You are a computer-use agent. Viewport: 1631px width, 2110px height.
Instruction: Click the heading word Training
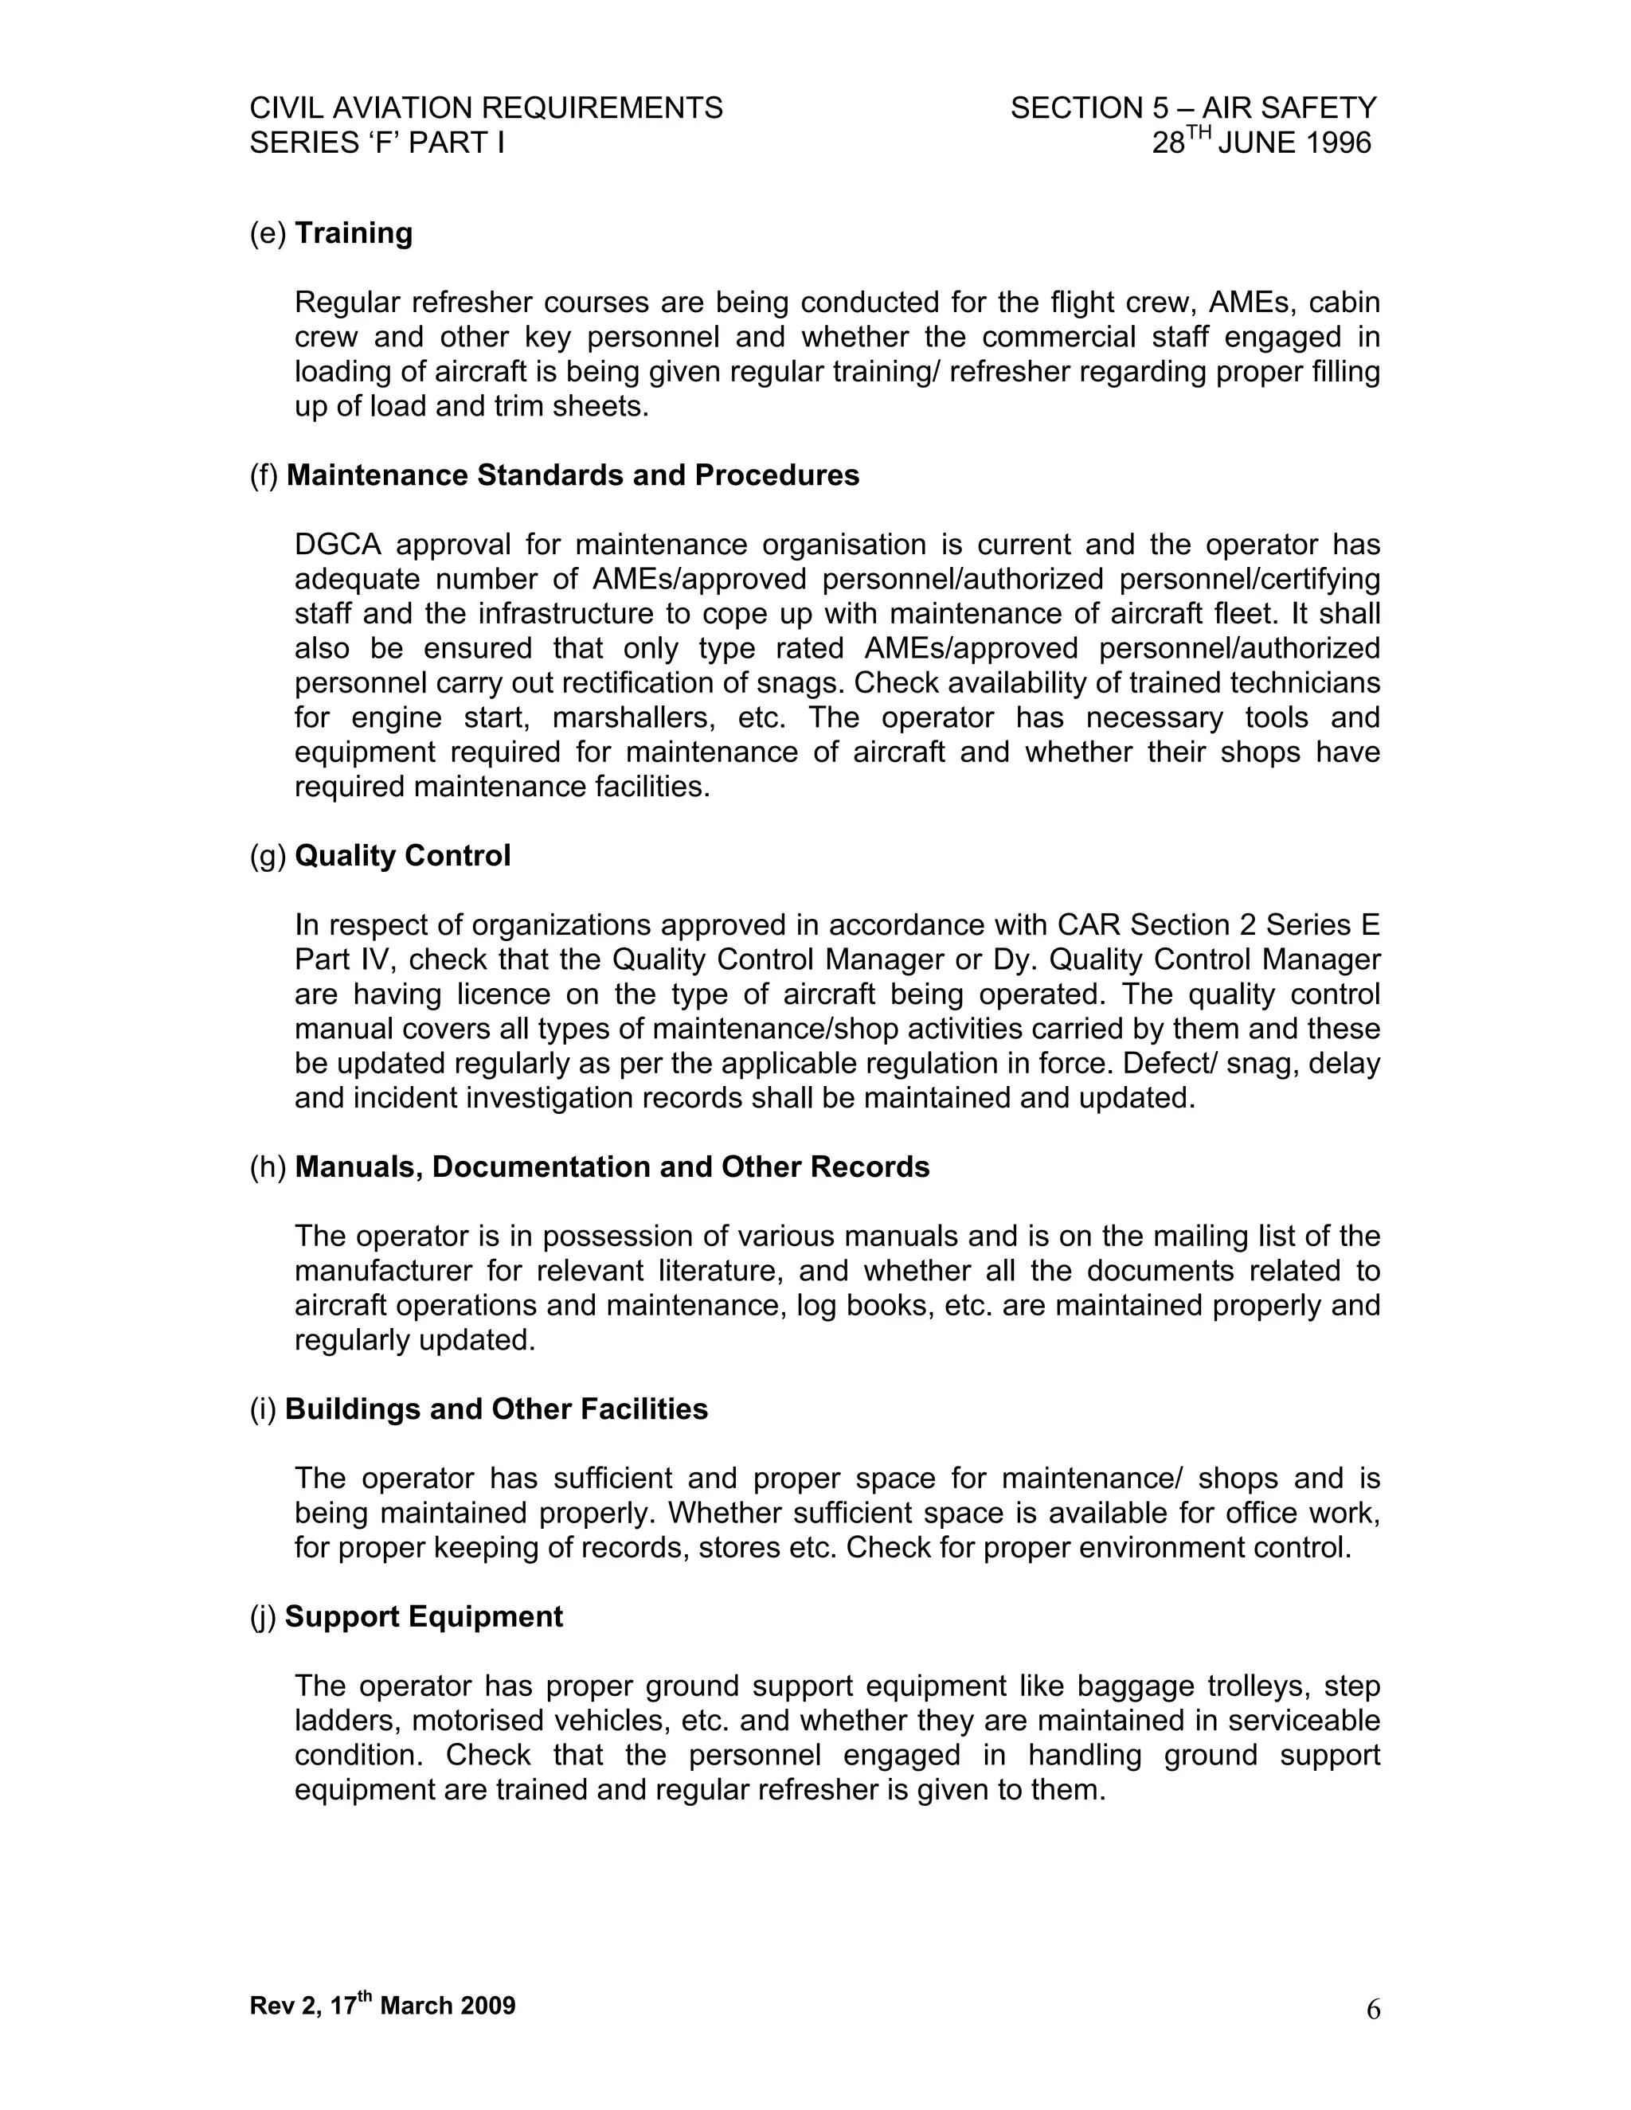click(354, 234)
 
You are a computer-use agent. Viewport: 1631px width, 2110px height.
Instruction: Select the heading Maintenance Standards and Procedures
click(572, 475)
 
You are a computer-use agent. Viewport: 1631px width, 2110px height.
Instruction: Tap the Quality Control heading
click(402, 856)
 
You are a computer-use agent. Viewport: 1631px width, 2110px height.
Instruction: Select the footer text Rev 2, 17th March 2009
click(382, 2006)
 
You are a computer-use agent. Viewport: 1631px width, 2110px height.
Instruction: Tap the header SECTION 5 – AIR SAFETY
click(1193, 108)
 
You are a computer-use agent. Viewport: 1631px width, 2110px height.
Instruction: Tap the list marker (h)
click(268, 1167)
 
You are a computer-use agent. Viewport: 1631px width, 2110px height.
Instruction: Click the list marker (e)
click(268, 234)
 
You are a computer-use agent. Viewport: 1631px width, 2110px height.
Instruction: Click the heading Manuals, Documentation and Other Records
click(612, 1167)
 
